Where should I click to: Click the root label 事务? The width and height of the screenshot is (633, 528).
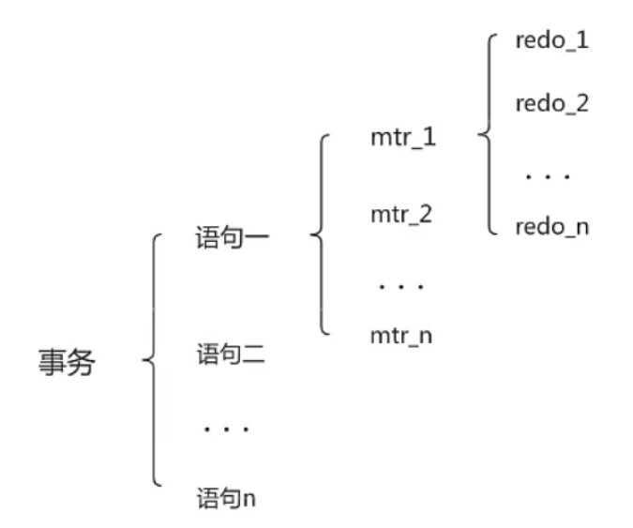[66, 362]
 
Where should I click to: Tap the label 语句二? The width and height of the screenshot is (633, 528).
[233, 356]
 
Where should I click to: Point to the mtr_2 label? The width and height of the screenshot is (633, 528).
[401, 214]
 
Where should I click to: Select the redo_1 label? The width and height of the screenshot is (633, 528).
[551, 42]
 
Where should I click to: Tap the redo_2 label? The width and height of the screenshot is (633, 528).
[551, 103]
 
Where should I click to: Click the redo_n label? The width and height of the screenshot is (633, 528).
[551, 226]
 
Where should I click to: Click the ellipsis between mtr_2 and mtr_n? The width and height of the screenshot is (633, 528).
[401, 283]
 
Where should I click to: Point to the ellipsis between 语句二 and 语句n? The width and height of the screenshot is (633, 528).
[225, 430]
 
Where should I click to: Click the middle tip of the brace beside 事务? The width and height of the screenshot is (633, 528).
[143, 361]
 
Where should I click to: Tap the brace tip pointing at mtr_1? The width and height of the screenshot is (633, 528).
[480, 137]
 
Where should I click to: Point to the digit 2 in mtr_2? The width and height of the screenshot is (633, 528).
[426, 214]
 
